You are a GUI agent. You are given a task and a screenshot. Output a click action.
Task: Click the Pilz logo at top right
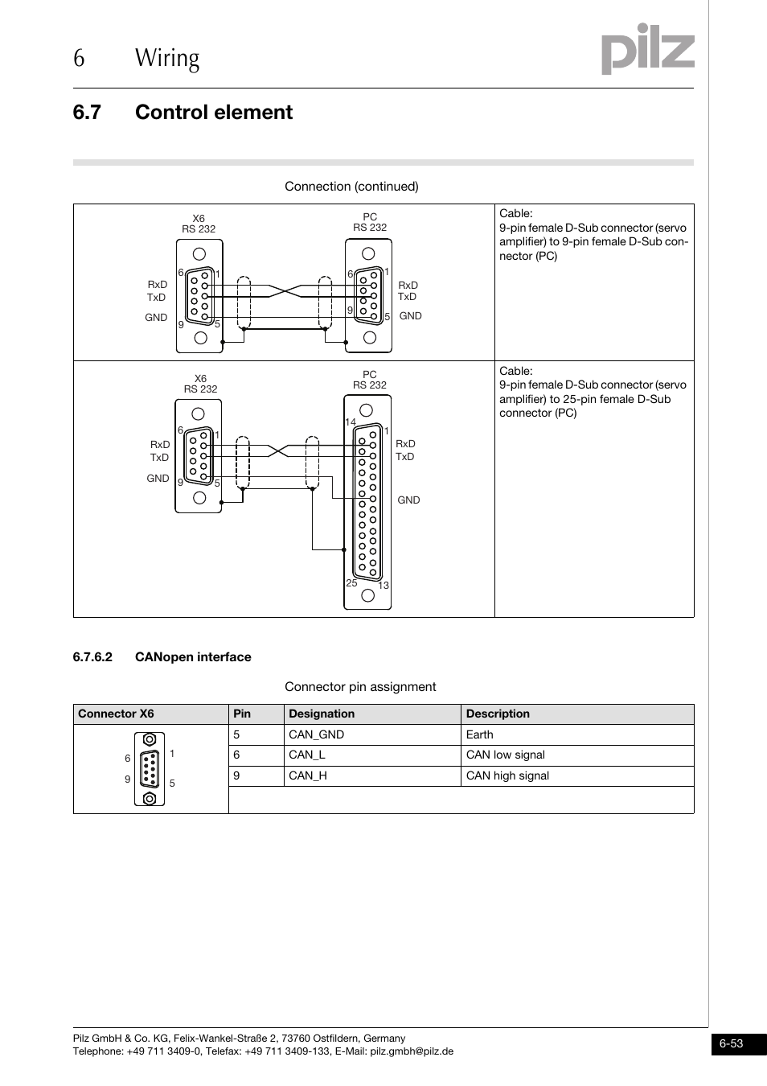[x=647, y=50]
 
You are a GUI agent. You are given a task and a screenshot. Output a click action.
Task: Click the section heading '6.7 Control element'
[x=183, y=112]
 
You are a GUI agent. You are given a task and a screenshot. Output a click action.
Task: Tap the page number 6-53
[x=730, y=1043]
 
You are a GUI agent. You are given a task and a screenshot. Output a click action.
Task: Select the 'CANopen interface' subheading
[x=193, y=657]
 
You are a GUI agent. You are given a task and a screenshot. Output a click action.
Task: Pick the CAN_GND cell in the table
[x=316, y=734]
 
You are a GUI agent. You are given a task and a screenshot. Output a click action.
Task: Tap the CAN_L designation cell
[x=307, y=755]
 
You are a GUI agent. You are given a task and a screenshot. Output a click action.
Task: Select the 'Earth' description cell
[x=480, y=734]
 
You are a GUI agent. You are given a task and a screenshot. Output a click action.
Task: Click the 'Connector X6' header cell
[x=116, y=714]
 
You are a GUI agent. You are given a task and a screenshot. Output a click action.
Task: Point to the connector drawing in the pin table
[x=150, y=769]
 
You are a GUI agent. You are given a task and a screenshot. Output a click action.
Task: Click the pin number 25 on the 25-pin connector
[x=351, y=582]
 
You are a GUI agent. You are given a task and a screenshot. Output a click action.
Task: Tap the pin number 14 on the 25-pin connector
[x=350, y=422]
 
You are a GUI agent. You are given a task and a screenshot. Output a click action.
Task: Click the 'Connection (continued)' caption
[x=351, y=187]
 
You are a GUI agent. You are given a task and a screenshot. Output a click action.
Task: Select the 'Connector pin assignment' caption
[x=360, y=687]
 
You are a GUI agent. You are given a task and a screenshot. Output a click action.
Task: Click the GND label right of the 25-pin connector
[x=408, y=500]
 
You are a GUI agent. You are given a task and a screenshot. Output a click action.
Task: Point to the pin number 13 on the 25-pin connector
[x=383, y=585]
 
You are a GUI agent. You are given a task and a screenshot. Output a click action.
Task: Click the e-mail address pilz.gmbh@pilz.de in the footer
[x=412, y=1051]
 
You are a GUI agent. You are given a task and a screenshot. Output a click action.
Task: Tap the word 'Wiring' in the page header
[x=167, y=58]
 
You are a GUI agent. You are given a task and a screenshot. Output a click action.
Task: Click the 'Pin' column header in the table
[x=242, y=714]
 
